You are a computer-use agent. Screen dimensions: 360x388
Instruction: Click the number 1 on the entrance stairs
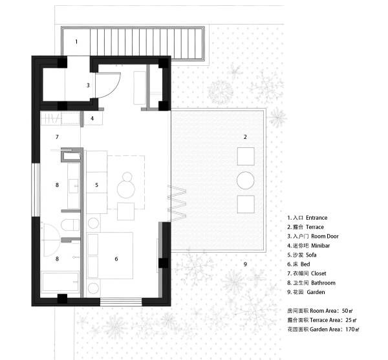click(76, 42)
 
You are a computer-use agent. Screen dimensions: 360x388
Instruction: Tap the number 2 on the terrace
click(245, 136)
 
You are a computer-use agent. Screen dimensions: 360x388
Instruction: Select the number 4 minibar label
click(92, 118)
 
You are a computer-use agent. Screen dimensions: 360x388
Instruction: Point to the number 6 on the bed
click(116, 259)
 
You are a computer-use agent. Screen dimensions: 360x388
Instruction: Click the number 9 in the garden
click(245, 264)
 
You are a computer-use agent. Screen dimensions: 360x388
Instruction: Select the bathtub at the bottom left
click(60, 283)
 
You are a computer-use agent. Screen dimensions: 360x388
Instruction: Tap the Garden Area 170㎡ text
click(323, 330)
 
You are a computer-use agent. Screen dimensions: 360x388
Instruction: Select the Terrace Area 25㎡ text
click(323, 320)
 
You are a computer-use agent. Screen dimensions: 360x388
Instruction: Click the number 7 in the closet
click(57, 137)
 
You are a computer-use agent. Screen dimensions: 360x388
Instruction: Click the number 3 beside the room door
click(88, 85)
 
